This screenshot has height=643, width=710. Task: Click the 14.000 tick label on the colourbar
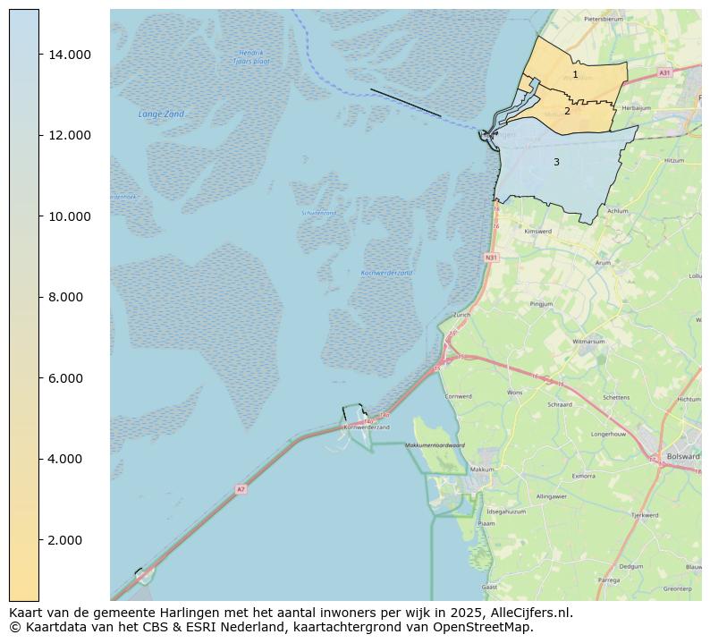70,55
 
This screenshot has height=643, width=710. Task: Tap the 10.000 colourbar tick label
70,216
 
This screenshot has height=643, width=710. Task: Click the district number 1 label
575,75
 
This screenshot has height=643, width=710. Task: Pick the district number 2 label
567,112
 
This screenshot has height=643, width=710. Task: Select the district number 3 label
556,163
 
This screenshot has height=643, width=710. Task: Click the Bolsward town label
683,456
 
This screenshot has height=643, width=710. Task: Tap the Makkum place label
482,470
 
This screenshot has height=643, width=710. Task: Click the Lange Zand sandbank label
161,114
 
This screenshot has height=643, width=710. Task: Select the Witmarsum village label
588,342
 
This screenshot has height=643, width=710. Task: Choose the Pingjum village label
542,304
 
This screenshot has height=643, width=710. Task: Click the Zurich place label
461,315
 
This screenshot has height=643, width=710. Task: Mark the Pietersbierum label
603,18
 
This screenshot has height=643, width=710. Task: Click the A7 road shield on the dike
241,489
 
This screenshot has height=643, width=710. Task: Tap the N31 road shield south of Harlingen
491,258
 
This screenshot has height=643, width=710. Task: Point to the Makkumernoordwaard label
435,445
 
